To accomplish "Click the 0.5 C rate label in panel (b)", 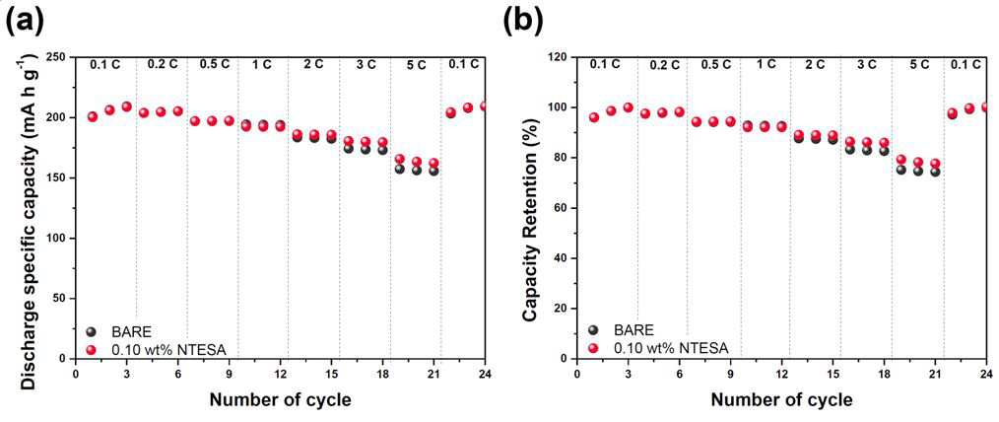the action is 717,64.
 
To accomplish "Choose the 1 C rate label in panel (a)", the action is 262,64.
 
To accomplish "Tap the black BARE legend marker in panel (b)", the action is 594,330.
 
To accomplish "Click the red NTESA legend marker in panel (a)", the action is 91,348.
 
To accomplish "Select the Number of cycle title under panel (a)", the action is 280,399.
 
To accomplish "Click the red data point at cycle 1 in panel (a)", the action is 93,116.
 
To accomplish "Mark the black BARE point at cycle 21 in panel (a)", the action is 433,171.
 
